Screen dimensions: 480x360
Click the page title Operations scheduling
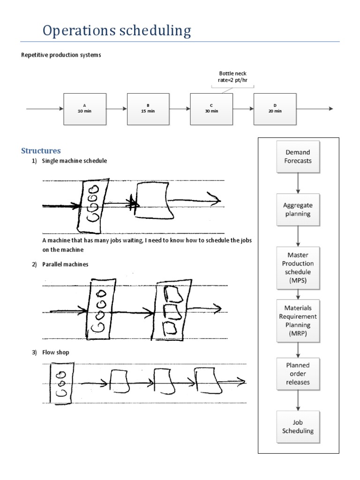pyautogui.click(x=117, y=31)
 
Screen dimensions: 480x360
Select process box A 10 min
pyautogui.click(x=85, y=109)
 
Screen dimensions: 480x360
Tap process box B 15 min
pyautogui.click(x=148, y=109)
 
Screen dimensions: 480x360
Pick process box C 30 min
pyautogui.click(x=211, y=109)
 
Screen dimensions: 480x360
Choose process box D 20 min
pyautogui.click(x=275, y=109)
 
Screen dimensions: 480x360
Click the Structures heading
pyautogui.click(x=41, y=150)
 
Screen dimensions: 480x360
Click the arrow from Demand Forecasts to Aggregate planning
pyautogui.click(x=298, y=183)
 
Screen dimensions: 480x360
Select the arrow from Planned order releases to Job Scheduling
pyautogui.click(x=298, y=401)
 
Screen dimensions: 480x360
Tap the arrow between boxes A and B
pyautogui.click(x=117, y=109)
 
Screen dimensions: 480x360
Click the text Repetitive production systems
pyautogui.click(x=61, y=55)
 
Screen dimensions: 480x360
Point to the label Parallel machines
pyautogui.click(x=65, y=264)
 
